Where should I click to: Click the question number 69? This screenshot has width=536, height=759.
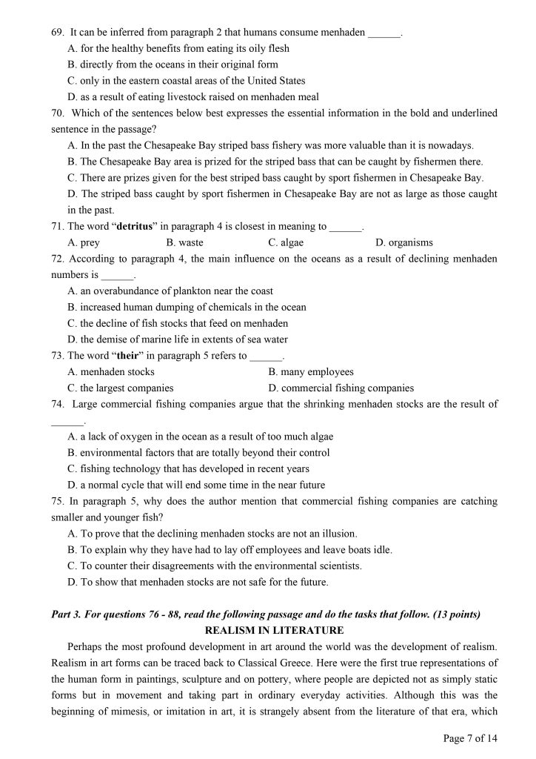pos(58,33)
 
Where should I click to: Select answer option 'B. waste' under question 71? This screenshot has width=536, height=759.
pos(184,242)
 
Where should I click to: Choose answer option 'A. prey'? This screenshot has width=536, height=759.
pos(84,242)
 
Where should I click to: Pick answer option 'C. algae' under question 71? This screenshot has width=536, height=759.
pos(286,242)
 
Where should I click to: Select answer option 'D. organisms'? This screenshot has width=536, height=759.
pos(404,242)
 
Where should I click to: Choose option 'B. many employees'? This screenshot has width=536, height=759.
pos(311,372)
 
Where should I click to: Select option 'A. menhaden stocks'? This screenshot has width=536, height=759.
pos(111,372)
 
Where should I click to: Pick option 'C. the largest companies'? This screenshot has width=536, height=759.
pos(121,388)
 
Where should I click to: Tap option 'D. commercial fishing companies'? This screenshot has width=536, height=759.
pos(341,388)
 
